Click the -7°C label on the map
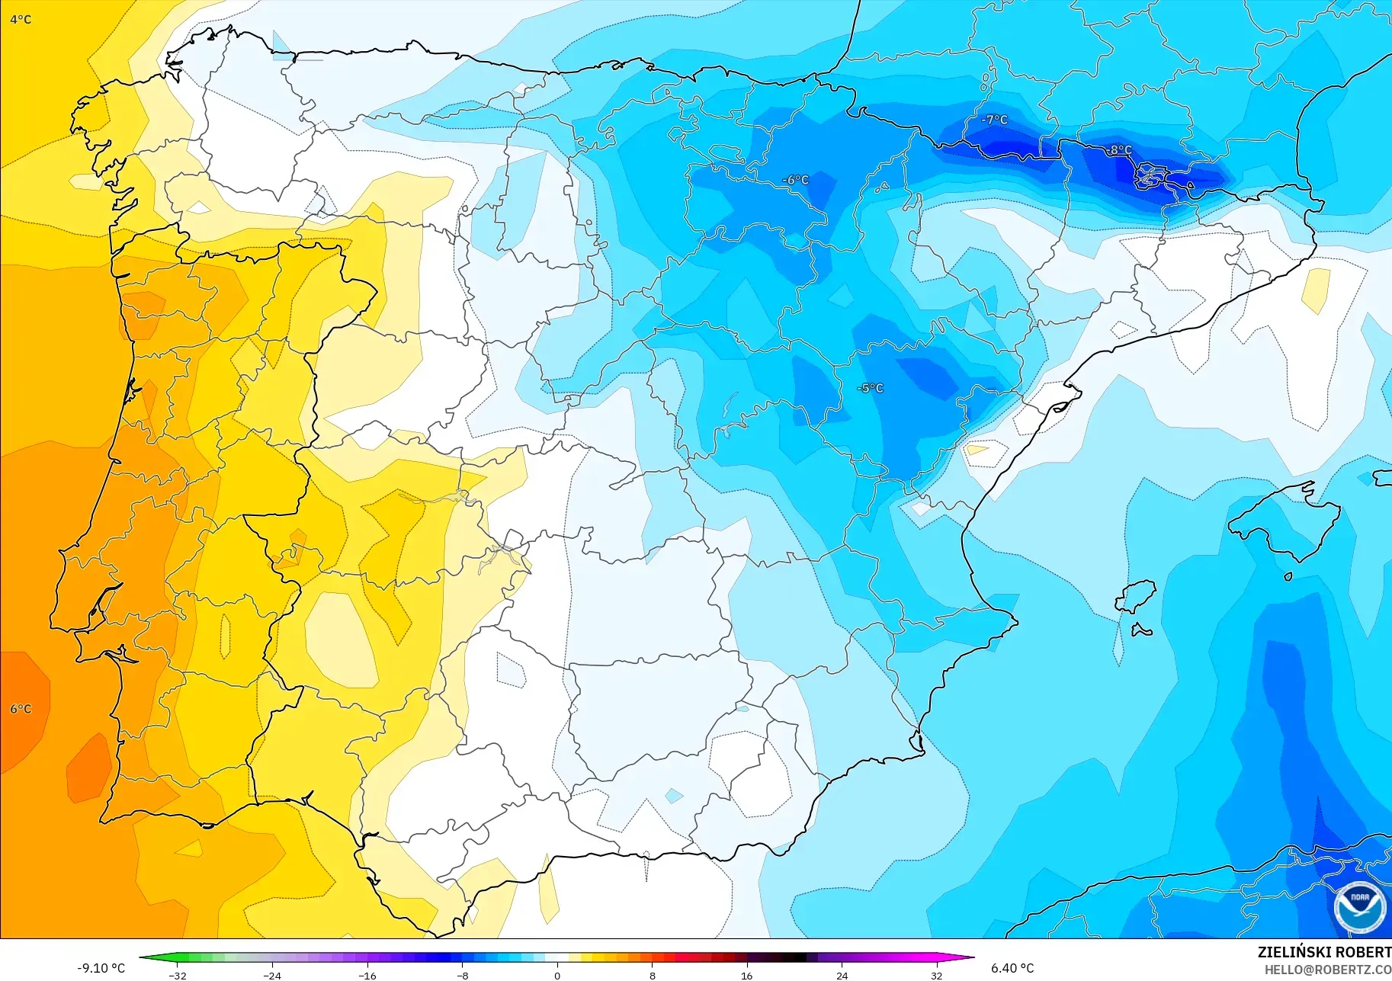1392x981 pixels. [x=994, y=120]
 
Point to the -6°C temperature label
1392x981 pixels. [x=795, y=180]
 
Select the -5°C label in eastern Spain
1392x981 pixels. [x=871, y=388]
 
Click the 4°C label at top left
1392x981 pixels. [x=21, y=20]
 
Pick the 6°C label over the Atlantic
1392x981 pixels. [x=21, y=709]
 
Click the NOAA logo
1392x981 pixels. [x=1359, y=907]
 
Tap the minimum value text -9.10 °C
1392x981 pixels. [x=101, y=968]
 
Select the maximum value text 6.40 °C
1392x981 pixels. [x=1012, y=968]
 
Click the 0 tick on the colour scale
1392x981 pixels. [x=557, y=975]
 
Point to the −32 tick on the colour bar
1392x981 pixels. [x=178, y=975]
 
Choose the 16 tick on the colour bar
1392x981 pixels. [x=746, y=975]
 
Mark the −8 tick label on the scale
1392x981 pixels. [x=463, y=975]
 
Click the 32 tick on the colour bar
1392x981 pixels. [x=936, y=975]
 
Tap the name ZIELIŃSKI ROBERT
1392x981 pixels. [x=1324, y=952]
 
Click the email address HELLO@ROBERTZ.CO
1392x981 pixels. [x=1328, y=970]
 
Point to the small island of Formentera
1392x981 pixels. [x=1140, y=630]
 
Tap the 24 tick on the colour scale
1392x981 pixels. [x=842, y=975]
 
